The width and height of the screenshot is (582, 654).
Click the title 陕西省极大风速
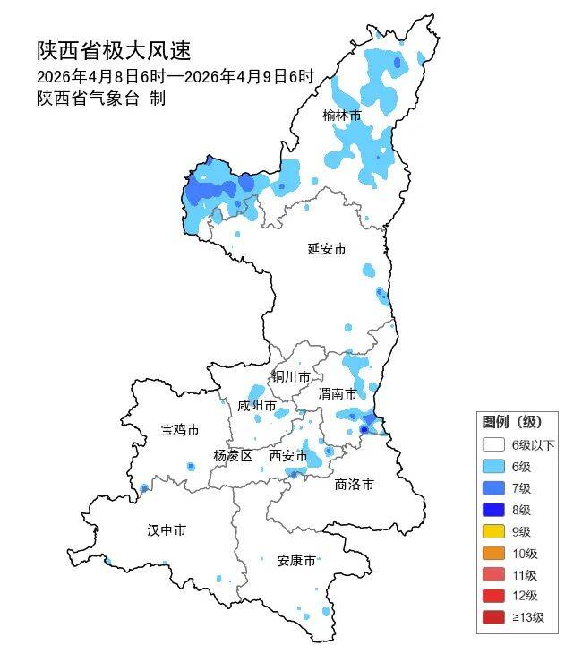[x=114, y=50]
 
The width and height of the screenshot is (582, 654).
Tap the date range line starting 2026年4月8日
[x=175, y=76]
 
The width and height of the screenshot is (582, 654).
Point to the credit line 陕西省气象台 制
[x=100, y=99]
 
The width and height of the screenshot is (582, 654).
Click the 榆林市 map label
[x=342, y=116]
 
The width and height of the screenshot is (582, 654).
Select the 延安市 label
[x=326, y=249]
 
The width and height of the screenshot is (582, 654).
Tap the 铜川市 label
[x=292, y=376]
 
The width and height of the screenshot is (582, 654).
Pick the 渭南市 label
[x=338, y=394]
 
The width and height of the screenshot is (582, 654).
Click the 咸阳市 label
[x=256, y=406]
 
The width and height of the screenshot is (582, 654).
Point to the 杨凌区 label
[x=233, y=456]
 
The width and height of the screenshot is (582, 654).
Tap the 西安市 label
[x=288, y=456]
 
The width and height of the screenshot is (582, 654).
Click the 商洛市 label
[x=354, y=485]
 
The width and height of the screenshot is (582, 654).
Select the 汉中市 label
[x=167, y=530]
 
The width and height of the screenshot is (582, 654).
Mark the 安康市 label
[x=295, y=561]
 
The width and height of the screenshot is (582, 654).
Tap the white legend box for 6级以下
[x=493, y=444]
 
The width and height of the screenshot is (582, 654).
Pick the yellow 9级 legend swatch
[x=493, y=530]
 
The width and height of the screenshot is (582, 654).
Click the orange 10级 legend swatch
[x=493, y=552]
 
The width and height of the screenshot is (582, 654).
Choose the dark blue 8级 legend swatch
[x=493, y=509]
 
